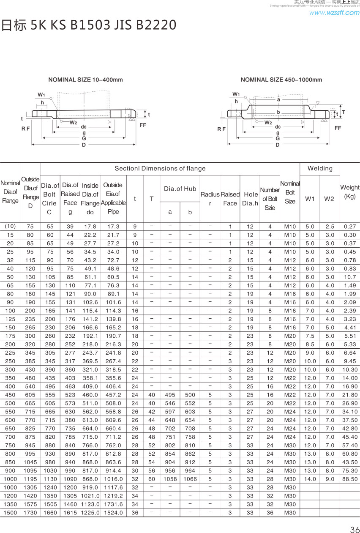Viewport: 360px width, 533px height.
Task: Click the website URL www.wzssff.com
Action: pyautogui.click(x=334, y=13)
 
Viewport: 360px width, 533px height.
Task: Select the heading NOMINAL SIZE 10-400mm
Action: pyautogui.click(x=86, y=79)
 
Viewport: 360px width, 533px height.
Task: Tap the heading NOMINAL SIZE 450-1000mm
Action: pyautogui.click(x=281, y=79)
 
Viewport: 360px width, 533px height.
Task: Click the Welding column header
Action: pyautogui.click(x=320, y=169)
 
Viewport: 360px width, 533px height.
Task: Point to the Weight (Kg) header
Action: pyautogui.click(x=350, y=192)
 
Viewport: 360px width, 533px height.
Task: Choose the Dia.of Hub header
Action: pyautogui.click(x=180, y=189)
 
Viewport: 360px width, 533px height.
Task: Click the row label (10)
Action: pyautogui.click(x=10, y=226)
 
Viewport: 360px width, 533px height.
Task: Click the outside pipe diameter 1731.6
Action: pyautogui.click(x=113, y=504)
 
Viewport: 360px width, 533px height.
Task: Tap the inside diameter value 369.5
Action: pyautogui.click(x=90, y=361)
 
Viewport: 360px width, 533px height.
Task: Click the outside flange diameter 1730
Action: pyautogui.click(x=30, y=513)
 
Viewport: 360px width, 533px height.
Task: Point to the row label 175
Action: pyautogui.click(x=10, y=336)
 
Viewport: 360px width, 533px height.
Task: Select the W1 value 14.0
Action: pyautogui.click(x=310, y=479)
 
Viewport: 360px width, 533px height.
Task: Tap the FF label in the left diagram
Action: pyautogui.click(x=143, y=125)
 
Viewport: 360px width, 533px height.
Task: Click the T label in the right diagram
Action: pyautogui.click(x=343, y=112)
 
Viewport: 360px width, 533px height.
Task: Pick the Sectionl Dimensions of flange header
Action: pyautogui.click(x=160, y=169)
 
